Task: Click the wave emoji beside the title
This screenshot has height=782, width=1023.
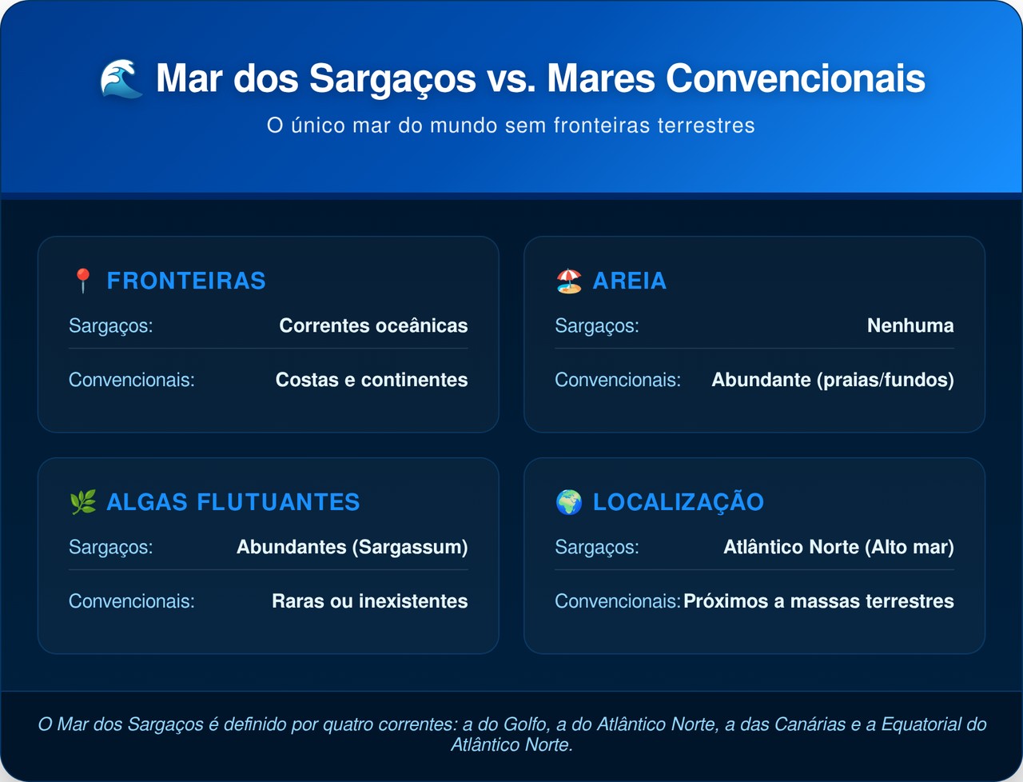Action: [121, 79]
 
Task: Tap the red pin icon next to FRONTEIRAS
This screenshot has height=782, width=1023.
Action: [83, 281]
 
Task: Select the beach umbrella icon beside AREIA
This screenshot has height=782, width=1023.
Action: [569, 281]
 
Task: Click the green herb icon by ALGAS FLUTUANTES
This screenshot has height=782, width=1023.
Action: [83, 502]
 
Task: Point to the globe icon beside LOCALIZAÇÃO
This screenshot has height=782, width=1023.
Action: [569, 502]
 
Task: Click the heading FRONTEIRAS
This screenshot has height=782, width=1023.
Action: [186, 281]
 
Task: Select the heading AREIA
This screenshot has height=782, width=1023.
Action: [630, 281]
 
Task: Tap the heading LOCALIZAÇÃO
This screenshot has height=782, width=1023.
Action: [678, 503]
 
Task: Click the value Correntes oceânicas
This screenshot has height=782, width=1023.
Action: [373, 325]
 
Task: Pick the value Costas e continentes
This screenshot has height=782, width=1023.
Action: [372, 380]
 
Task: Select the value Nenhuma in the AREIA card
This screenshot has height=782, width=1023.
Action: [910, 325]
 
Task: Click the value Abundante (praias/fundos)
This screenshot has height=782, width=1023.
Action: [833, 380]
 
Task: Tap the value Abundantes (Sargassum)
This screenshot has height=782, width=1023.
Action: [352, 548]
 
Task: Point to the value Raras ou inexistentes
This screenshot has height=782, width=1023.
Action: [369, 601]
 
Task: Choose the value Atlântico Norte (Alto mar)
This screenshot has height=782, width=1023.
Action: [839, 548]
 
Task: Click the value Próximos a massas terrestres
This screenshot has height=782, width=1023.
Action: [819, 601]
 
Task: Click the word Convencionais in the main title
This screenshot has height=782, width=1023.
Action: [795, 78]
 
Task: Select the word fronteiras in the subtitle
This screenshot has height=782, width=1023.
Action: [602, 126]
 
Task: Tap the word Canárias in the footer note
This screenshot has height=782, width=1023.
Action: [810, 724]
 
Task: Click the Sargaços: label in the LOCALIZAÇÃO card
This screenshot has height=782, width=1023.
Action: [597, 548]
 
